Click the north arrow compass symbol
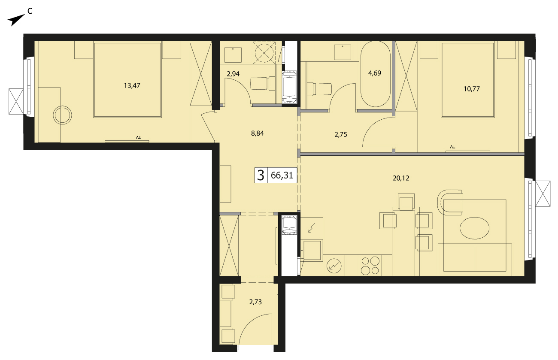click(x=16, y=20)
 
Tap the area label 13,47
click(x=132, y=86)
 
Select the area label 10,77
click(x=472, y=89)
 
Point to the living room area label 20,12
click(x=401, y=178)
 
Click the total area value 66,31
click(x=282, y=175)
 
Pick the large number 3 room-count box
click(x=261, y=175)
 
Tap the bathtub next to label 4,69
click(x=375, y=74)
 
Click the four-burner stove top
click(x=370, y=266)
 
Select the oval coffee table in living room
click(x=474, y=228)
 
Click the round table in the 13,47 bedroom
click(x=62, y=115)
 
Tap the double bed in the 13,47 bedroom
click(x=127, y=80)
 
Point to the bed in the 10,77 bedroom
click(x=467, y=80)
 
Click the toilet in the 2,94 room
click(x=263, y=83)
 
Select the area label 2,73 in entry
click(x=255, y=302)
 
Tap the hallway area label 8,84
click(x=258, y=133)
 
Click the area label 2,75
click(x=340, y=135)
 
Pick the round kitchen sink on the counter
click(x=334, y=266)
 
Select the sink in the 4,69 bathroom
click(x=343, y=52)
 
